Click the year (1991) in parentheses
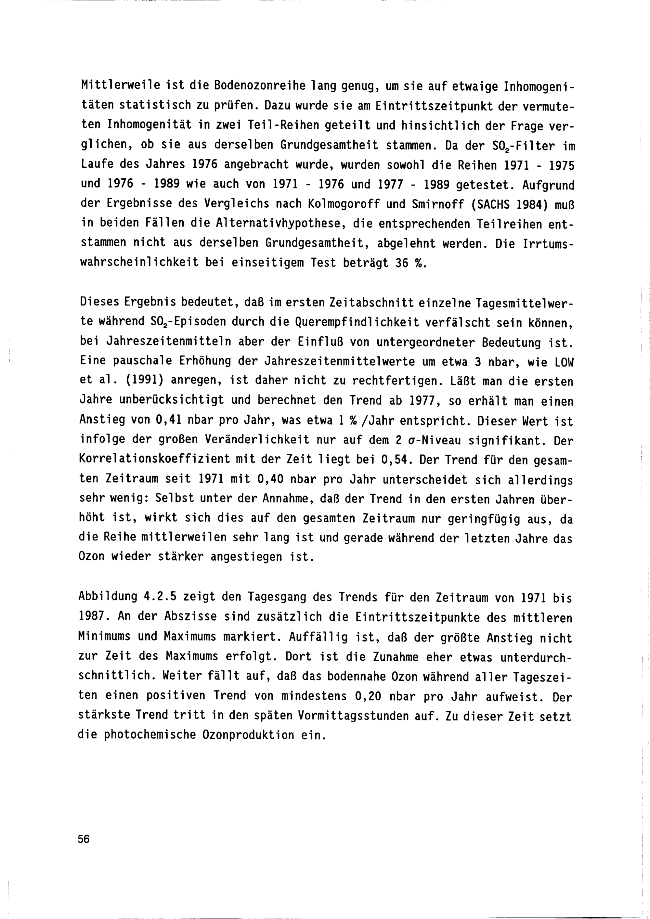point(145,381)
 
